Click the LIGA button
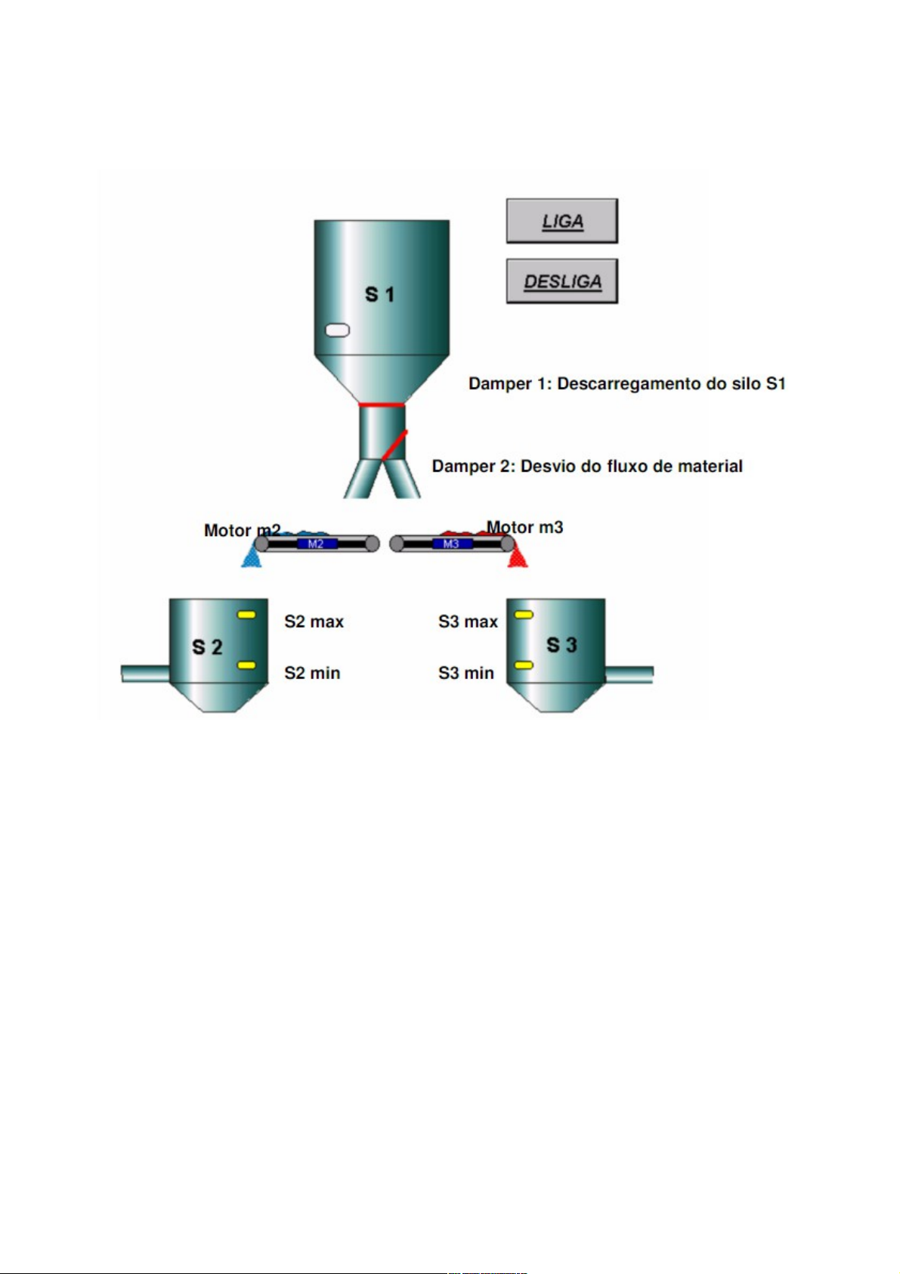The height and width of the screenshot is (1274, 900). (561, 221)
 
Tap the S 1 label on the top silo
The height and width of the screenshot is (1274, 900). (379, 294)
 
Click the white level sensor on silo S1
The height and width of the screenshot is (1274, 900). (337, 330)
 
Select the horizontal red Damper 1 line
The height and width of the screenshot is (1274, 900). (382, 405)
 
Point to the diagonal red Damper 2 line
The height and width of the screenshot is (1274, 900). (394, 445)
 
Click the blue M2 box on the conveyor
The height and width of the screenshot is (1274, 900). (316, 544)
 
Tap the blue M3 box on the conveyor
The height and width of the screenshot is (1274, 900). (451, 544)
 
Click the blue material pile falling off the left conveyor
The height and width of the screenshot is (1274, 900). (251, 558)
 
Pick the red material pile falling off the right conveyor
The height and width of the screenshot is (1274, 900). (518, 558)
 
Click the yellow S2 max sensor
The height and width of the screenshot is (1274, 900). (247, 615)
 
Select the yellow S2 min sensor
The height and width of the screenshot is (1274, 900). (247, 665)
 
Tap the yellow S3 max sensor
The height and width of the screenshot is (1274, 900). (524, 615)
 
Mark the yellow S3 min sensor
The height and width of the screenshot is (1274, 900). (524, 665)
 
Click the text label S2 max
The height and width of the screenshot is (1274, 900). (314, 622)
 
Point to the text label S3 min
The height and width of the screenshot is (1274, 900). (465, 673)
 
